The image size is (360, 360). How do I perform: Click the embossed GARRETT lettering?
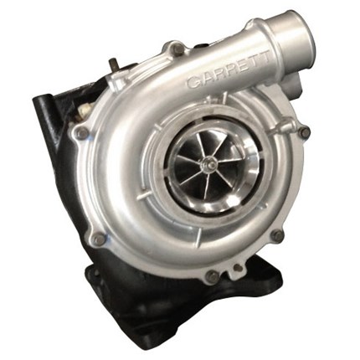click(229, 69)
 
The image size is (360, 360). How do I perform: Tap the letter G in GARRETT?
click(193, 82)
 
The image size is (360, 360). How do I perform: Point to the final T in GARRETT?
click(265, 57)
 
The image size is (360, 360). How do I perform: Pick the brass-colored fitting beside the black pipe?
click(85, 111)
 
